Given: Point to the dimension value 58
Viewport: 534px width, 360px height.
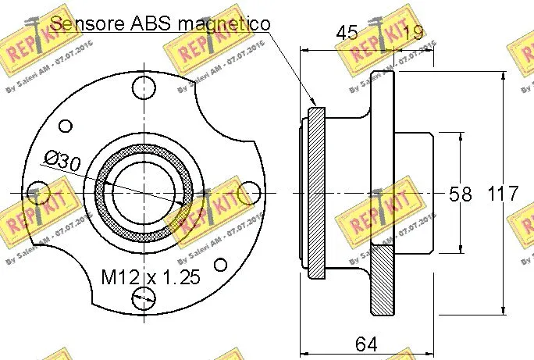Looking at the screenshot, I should [x=461, y=194].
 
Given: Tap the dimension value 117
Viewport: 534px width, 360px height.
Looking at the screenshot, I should [x=503, y=194].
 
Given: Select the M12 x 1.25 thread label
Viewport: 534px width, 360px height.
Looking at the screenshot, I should [x=151, y=276].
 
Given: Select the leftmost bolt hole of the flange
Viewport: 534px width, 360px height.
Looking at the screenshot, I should [x=37, y=192].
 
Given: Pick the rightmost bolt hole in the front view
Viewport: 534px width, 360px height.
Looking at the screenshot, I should [x=249, y=192].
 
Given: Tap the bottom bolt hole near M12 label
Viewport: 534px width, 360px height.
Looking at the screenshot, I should [x=143, y=298].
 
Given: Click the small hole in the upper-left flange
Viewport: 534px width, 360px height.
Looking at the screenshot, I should [x=66, y=126].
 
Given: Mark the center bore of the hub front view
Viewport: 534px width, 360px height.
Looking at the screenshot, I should [x=142, y=192].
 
